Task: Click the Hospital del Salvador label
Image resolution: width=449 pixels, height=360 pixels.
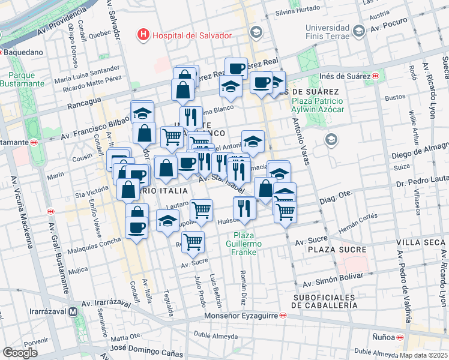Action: [191, 35]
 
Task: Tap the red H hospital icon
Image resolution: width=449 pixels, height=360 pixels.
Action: [143, 35]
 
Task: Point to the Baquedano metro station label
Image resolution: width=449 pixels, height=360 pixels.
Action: [24, 52]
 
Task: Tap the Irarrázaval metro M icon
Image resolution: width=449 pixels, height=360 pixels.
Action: [73, 312]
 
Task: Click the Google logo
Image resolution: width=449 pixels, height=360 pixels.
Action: [20, 353]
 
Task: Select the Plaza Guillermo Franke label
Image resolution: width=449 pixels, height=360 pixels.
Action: [245, 244]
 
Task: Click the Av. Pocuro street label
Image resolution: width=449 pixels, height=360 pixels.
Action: [393, 28]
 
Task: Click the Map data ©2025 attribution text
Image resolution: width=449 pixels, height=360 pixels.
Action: [423, 355]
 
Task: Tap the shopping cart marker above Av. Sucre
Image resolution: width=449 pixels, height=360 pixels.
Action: [193, 242]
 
